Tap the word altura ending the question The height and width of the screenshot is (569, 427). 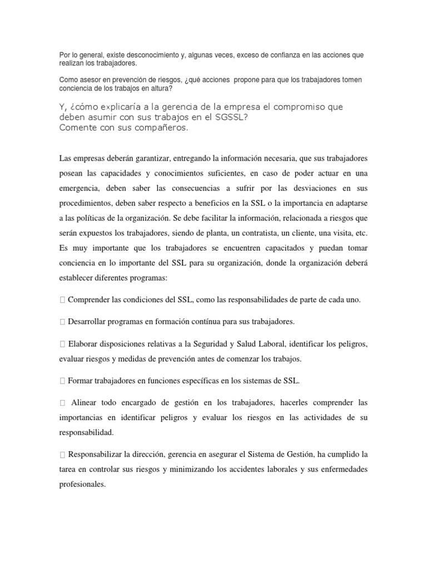[x=161, y=88]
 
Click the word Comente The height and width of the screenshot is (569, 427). [x=78, y=128]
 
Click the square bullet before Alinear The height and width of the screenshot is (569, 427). [x=62, y=402]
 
